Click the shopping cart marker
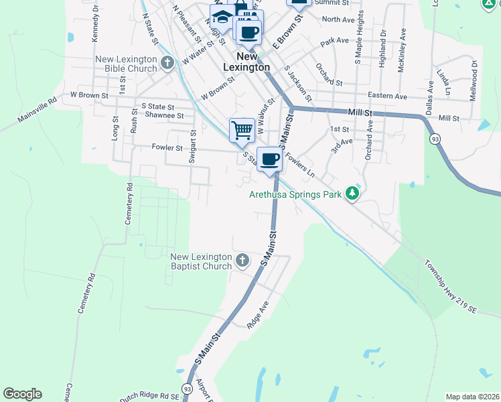pyautogui.click(x=241, y=130)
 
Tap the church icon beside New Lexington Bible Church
pyautogui.click(x=167, y=64)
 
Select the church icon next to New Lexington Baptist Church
pyautogui.click(x=242, y=260)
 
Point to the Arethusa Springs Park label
pyautogui.click(x=295, y=195)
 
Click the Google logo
pyautogui.click(x=22, y=394)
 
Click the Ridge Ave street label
pyautogui.click(x=257, y=313)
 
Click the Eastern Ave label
pyautogui.click(x=387, y=96)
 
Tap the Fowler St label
pyautogui.click(x=167, y=147)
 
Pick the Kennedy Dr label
pyautogui.click(x=96, y=21)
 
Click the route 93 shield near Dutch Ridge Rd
pyautogui.click(x=187, y=389)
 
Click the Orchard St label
pyautogui.click(x=329, y=84)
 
